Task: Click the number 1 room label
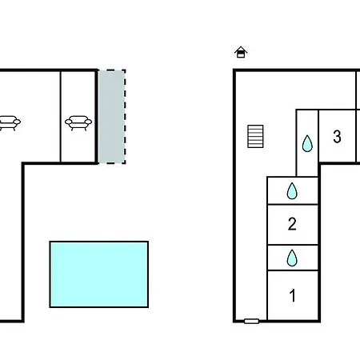(293, 295)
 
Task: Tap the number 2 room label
(292, 224)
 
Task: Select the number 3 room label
(337, 137)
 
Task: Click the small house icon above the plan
(241, 52)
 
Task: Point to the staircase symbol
(255, 136)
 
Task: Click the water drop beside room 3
(307, 143)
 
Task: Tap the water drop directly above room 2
(292, 190)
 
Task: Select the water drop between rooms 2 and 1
(292, 258)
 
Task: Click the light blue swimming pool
(99, 274)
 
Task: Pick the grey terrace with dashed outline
(112, 117)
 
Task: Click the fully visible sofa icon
(78, 122)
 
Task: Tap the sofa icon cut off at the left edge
(10, 122)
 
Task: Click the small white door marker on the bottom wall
(251, 321)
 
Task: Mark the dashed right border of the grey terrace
(125, 117)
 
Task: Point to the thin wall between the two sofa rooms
(61, 117)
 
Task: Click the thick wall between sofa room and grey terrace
(97, 117)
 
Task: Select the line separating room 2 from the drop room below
(293, 245)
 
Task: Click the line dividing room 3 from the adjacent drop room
(318, 135)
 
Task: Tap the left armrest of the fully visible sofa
(69, 122)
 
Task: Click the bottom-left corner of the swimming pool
(50, 307)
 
